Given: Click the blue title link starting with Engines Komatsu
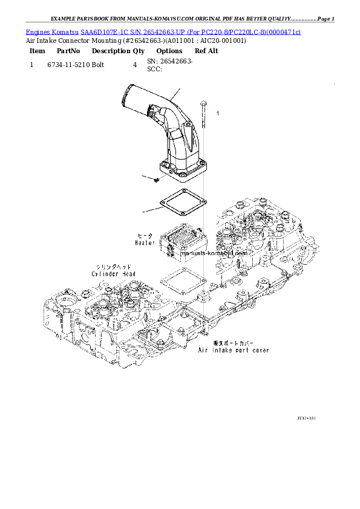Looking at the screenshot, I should [x=163, y=31].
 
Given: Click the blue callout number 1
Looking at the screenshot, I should [x=218, y=113].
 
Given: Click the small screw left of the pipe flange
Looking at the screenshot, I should [x=156, y=179].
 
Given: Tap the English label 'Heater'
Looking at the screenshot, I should [x=145, y=242].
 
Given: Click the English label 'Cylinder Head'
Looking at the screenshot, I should [x=113, y=274].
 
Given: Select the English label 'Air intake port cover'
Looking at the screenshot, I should [x=234, y=350].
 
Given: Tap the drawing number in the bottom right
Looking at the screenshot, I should [x=306, y=418].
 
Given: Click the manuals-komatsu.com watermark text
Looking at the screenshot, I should [x=223, y=254].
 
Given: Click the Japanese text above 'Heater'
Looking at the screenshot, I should [x=145, y=235].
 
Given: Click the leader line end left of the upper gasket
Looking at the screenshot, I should [x=143, y=212].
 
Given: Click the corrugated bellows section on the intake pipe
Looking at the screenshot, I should [x=154, y=112].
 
